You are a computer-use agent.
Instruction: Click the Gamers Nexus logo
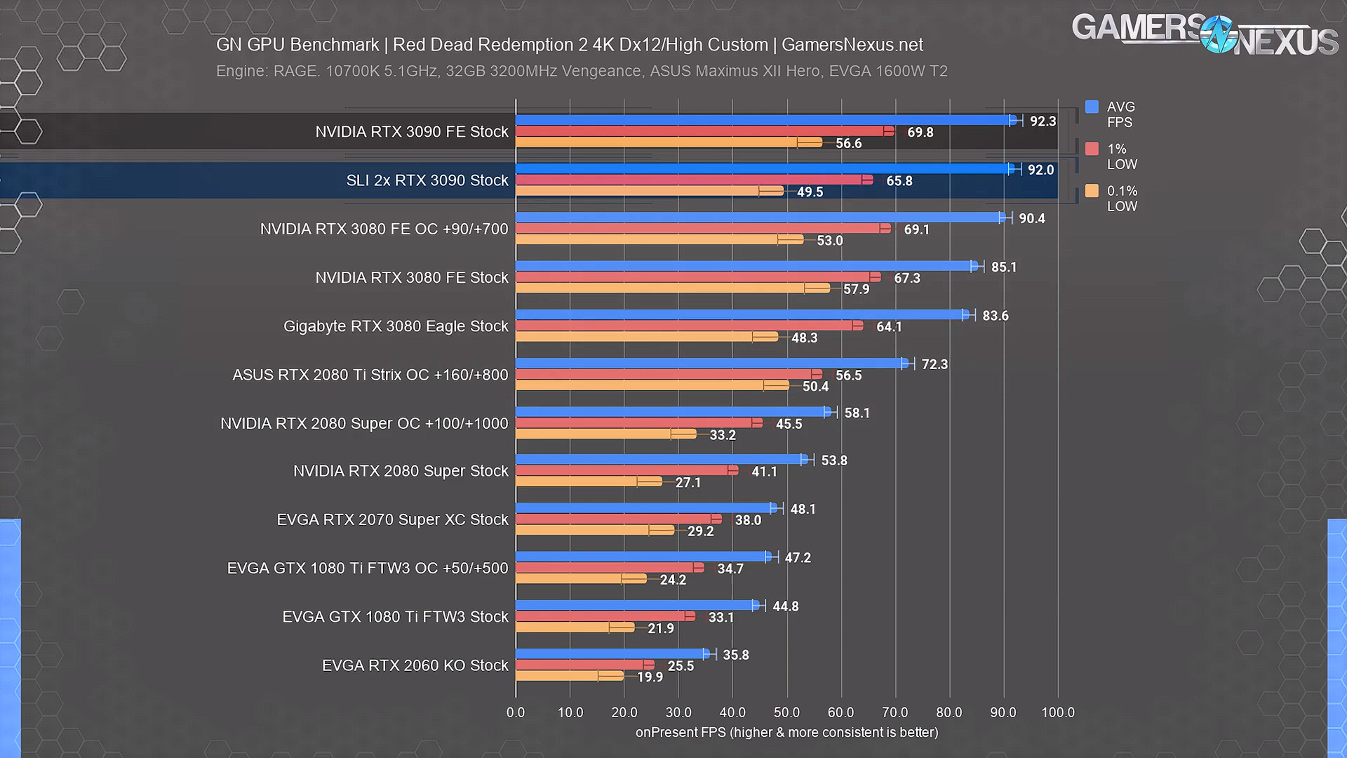click(1204, 35)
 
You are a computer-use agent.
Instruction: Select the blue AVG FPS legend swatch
click(1092, 107)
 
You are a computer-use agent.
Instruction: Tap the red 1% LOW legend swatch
click(1092, 149)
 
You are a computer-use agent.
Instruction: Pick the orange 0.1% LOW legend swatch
click(1092, 191)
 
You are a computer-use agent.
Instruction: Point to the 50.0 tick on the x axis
click(786, 712)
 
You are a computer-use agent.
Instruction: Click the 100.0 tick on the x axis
click(1057, 712)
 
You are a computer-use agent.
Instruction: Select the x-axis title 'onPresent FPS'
click(680, 733)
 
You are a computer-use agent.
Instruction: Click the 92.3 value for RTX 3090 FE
click(1043, 121)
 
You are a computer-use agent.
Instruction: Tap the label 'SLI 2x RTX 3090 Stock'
click(427, 180)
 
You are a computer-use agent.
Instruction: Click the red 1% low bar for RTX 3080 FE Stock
click(695, 277)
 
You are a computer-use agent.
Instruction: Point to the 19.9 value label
click(650, 677)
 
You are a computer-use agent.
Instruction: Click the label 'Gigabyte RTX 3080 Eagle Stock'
click(396, 326)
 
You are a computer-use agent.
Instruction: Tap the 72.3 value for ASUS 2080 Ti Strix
click(934, 364)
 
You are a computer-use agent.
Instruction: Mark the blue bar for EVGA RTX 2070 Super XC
click(645, 508)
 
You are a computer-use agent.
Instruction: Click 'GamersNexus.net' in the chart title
click(852, 45)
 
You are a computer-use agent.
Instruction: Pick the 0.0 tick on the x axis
click(516, 712)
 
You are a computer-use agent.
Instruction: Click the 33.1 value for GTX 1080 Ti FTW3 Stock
click(721, 618)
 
